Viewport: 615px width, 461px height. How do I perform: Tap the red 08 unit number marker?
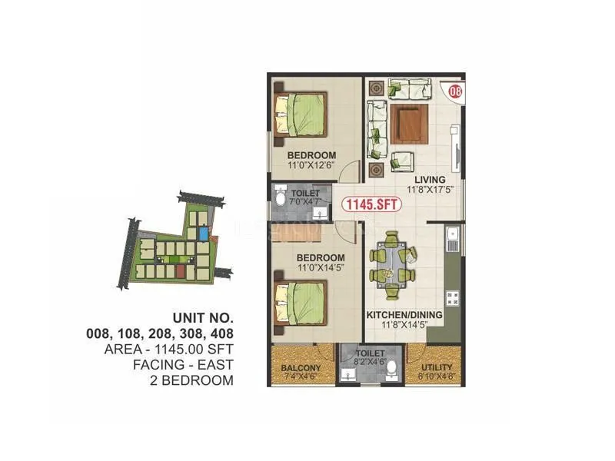(x=455, y=92)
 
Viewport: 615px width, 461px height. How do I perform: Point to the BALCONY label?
(x=301, y=368)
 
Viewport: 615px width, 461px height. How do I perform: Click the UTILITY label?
(x=437, y=368)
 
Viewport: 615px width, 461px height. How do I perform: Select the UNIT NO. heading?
(x=199, y=317)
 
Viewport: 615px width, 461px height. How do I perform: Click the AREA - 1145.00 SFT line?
(x=168, y=349)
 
